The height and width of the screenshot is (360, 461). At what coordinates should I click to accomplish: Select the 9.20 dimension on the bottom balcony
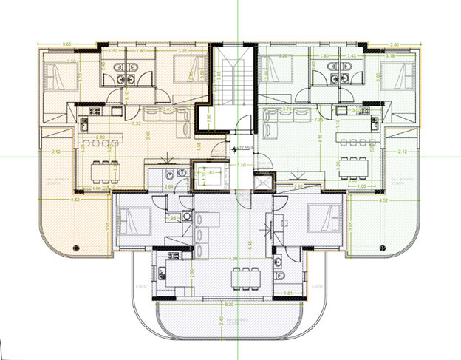click(x=230, y=304)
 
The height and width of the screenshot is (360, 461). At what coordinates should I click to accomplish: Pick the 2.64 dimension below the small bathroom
click(x=168, y=188)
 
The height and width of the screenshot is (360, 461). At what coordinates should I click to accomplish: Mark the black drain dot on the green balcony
click(x=383, y=248)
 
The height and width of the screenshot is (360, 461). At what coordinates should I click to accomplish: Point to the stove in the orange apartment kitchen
click(x=94, y=112)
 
